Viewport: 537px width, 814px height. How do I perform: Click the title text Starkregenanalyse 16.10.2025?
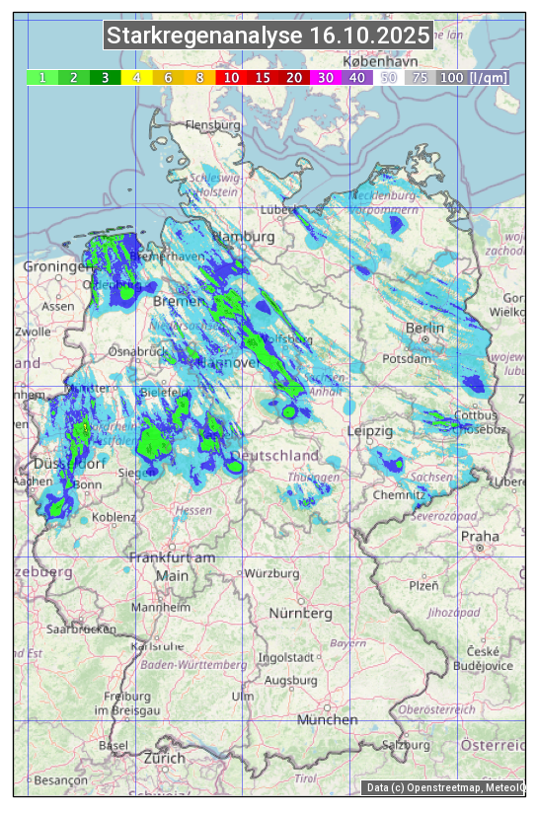click(268, 37)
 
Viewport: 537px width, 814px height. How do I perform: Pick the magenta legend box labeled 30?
click(326, 77)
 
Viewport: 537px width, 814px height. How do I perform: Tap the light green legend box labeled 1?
click(42, 77)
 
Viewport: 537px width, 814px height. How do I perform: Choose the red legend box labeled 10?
click(231, 77)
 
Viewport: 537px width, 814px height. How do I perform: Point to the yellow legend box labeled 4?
click(137, 77)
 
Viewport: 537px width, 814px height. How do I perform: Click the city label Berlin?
click(424, 328)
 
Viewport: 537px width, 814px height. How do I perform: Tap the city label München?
click(327, 720)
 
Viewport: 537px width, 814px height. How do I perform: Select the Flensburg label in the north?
click(212, 126)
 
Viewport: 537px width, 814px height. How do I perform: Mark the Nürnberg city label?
click(301, 614)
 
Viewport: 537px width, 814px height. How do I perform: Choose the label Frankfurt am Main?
click(172, 566)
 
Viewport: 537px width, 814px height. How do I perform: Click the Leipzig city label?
click(370, 432)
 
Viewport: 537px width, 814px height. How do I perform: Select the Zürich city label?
click(164, 758)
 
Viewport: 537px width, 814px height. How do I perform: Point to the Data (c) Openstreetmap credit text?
click(444, 787)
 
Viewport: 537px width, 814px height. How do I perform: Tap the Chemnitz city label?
click(393, 494)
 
